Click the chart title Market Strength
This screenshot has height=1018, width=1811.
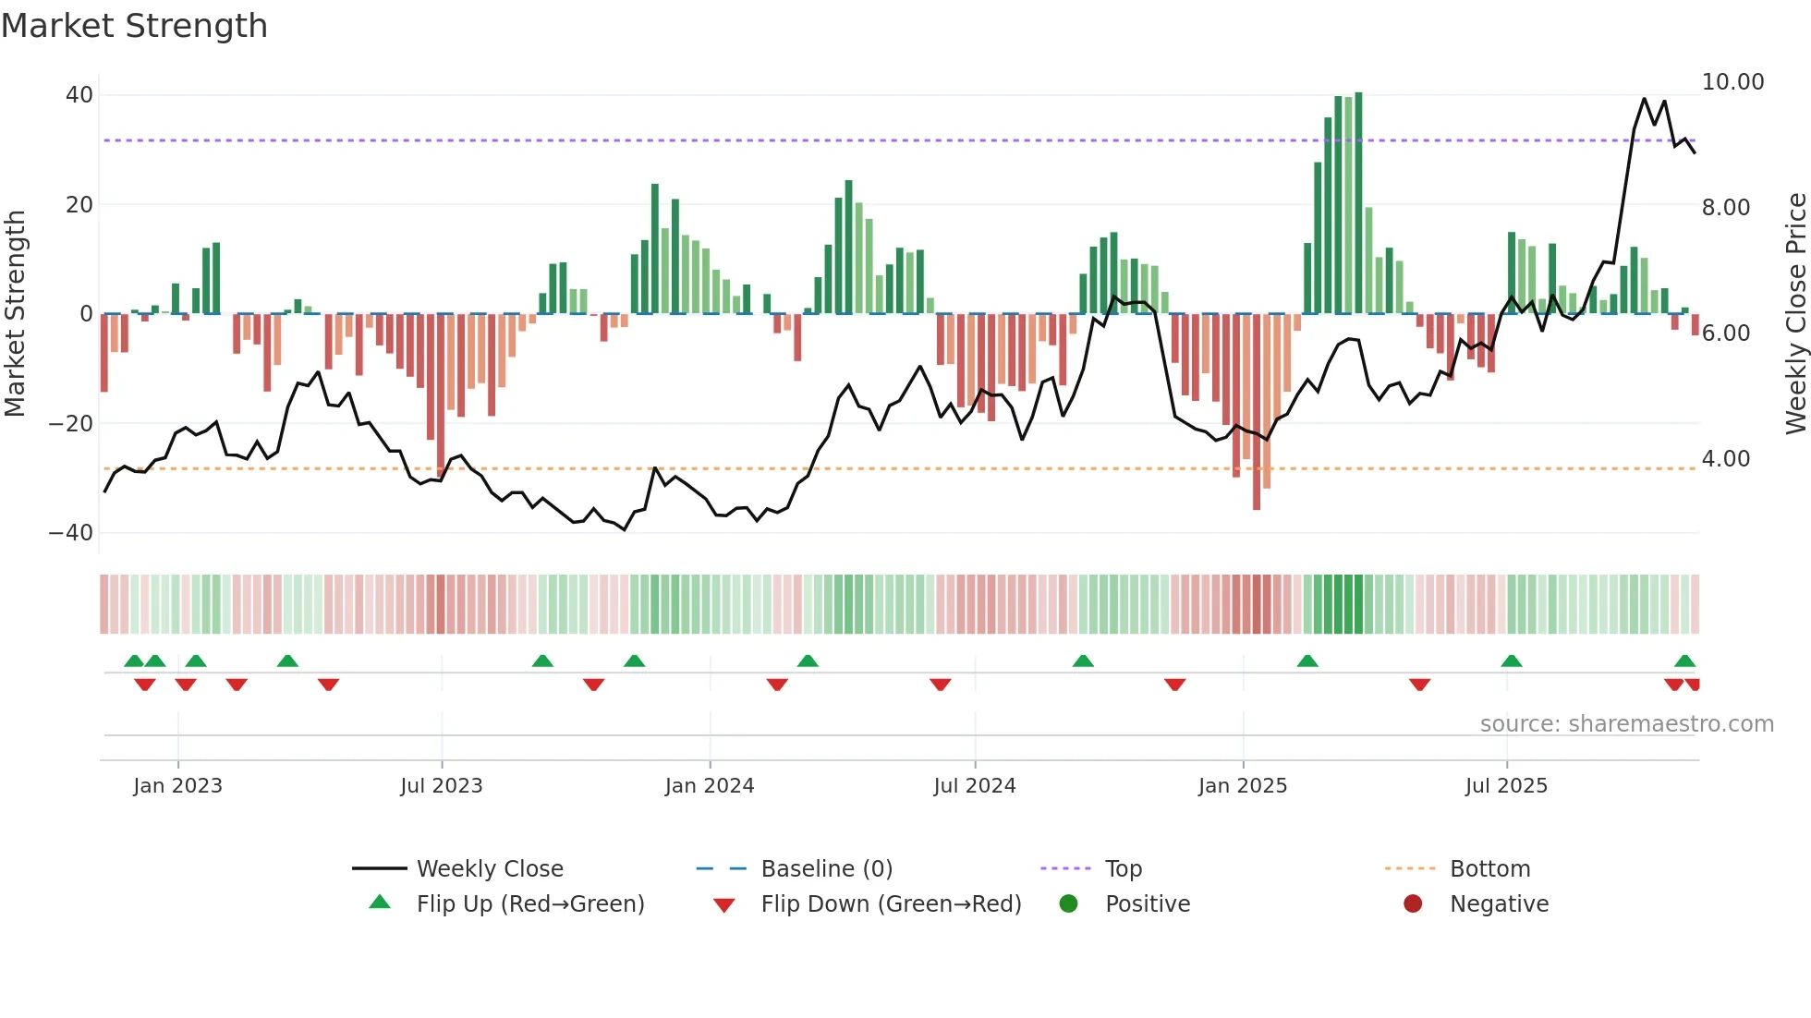134,26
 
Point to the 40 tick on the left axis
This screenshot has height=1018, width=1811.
79,95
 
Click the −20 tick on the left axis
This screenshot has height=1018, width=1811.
71,424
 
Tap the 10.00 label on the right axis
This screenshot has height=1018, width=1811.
1732,82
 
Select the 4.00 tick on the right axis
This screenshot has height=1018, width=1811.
1725,459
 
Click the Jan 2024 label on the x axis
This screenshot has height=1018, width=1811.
709,786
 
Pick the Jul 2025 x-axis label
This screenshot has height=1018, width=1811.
1505,786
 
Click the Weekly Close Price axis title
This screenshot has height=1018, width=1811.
1795,314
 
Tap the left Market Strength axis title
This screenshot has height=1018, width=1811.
15,314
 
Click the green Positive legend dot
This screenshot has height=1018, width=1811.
1068,904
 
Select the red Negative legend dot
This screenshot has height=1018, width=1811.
1412,904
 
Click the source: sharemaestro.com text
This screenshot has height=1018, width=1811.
1626,724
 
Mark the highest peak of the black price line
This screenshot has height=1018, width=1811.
1644,99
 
